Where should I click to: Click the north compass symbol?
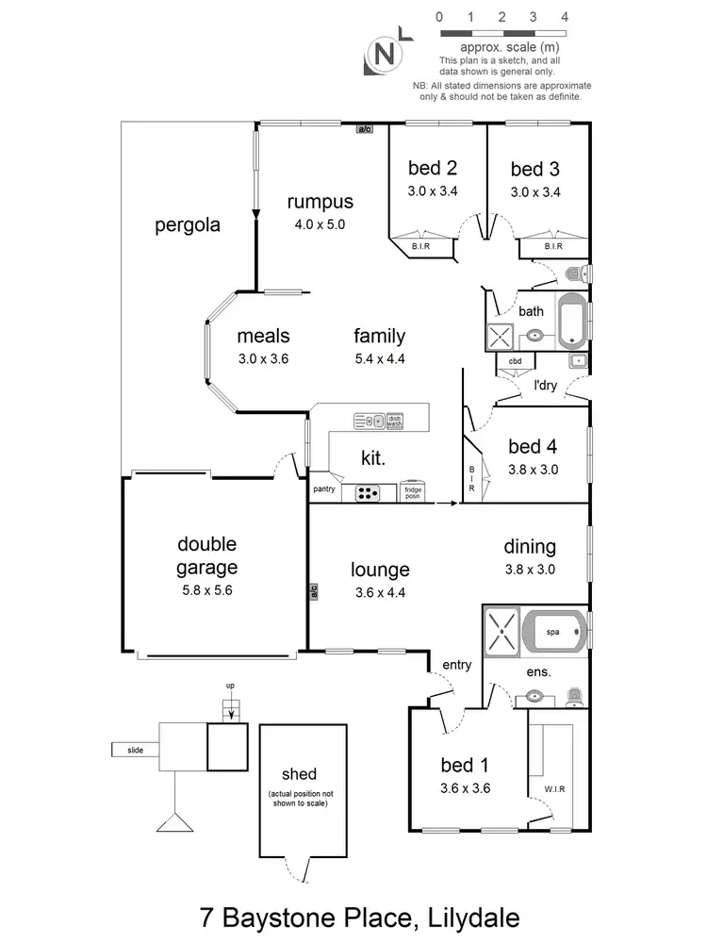coord(384,54)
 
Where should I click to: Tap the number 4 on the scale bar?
coord(564,17)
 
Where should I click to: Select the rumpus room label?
coord(321,202)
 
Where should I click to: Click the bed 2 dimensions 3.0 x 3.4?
coord(433,190)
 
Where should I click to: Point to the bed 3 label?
coord(534,170)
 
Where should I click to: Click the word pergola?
coord(188,225)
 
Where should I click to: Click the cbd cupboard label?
coord(516,361)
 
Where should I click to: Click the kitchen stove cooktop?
coord(368,492)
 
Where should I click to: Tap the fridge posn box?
coord(412,492)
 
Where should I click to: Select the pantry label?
coord(324,489)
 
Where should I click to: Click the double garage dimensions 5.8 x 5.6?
coord(206,591)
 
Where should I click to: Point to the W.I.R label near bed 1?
coord(553,789)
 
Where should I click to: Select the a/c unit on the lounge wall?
coord(312,592)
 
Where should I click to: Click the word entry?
coord(456,665)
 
